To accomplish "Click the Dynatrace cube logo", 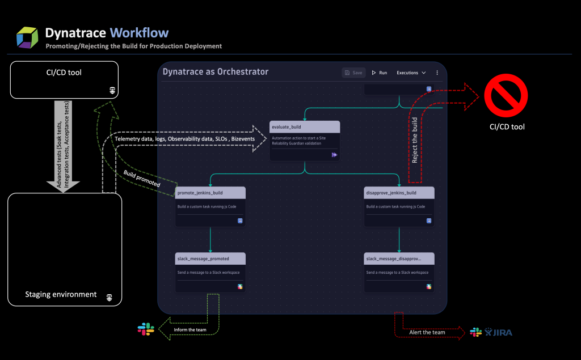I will click(x=27, y=37).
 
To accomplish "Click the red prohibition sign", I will click(x=506, y=98).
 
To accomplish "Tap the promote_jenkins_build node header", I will click(x=210, y=193).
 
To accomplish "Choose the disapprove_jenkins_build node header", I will click(x=399, y=193).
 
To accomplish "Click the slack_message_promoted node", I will click(x=210, y=273).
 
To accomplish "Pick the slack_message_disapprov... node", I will click(x=399, y=273).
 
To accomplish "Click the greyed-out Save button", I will click(x=353, y=73).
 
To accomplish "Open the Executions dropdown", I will click(x=411, y=73).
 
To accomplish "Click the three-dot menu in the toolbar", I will click(x=437, y=73).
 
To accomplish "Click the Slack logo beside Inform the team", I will click(x=146, y=329).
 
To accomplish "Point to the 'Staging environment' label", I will click(x=61, y=295).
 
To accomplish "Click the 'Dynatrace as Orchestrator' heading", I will click(x=216, y=72).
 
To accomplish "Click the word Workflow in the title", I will click(x=139, y=32).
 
